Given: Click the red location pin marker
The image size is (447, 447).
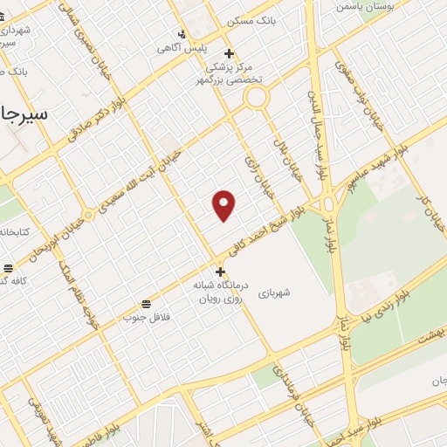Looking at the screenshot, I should tap(224, 205).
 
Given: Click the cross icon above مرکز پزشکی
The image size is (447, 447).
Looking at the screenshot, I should tap(229, 53).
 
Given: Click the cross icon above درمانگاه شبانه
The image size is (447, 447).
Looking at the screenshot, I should tap(220, 272).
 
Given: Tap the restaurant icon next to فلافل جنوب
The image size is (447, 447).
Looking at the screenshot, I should tap(145, 305).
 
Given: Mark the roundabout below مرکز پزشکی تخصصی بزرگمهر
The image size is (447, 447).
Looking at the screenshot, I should tap(255, 98).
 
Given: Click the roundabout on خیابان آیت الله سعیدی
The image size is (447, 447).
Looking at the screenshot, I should tap(88, 214).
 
